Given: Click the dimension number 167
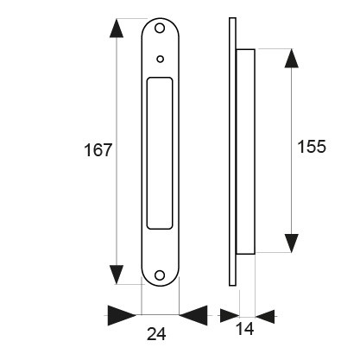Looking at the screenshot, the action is (x=98, y=150).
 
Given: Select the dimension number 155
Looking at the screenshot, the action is (x=312, y=147).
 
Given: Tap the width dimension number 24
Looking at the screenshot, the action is (x=156, y=334).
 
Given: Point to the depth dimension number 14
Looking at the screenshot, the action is (x=245, y=329).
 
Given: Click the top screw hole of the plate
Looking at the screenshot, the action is (x=160, y=28).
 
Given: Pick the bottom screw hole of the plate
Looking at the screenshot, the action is (x=160, y=275).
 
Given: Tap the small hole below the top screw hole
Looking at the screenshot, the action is (x=161, y=60).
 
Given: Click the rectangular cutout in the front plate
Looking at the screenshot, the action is (x=160, y=153).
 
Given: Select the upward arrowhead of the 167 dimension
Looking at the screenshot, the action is (x=117, y=28).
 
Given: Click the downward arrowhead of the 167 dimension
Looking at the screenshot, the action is (x=117, y=275).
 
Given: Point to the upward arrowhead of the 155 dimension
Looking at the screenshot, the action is (x=291, y=59).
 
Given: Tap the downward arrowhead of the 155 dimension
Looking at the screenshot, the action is (x=291, y=243).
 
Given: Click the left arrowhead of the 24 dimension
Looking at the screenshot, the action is (x=122, y=315).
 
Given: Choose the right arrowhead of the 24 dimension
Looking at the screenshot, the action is (x=193, y=315).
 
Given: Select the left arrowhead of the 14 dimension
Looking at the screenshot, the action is (x=230, y=316).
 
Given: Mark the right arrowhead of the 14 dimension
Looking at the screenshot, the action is (x=265, y=317).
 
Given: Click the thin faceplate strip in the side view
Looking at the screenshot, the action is (x=232, y=152).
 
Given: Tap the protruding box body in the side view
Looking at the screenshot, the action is (x=245, y=152).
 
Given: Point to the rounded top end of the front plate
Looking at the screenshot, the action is (x=160, y=20).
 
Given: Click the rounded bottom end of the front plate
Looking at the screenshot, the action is (x=160, y=285).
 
